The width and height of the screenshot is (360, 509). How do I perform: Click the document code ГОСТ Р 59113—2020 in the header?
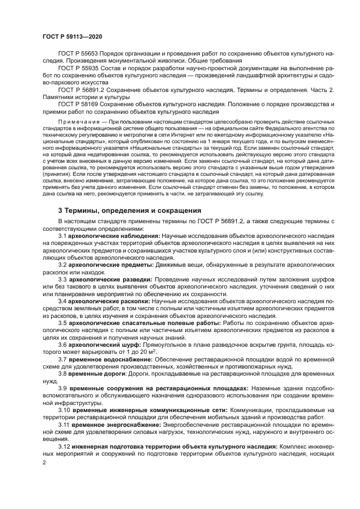point(72,35)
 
